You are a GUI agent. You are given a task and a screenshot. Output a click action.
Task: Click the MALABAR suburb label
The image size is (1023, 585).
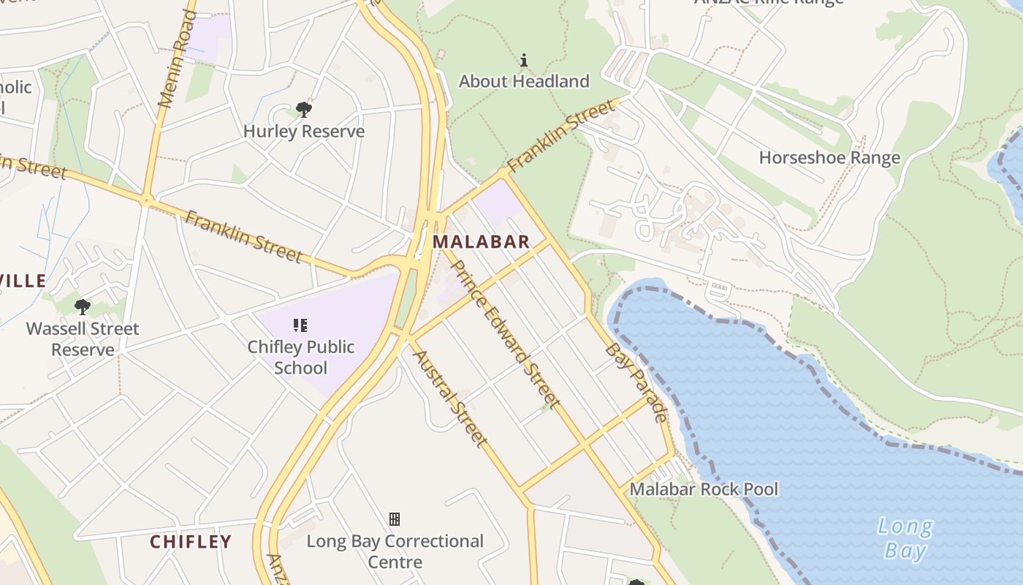[481, 242]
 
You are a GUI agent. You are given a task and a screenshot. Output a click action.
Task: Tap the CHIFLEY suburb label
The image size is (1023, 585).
[191, 542]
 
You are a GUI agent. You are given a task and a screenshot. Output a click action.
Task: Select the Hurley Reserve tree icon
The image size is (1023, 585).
[304, 110]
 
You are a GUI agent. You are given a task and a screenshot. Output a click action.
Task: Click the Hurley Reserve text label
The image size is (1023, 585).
[304, 132]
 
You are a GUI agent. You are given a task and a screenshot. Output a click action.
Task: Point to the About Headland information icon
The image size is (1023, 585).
[524, 60]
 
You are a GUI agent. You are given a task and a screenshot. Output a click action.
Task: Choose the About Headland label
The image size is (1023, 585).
[524, 81]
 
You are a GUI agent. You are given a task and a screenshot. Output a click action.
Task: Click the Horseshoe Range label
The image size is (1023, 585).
[829, 158]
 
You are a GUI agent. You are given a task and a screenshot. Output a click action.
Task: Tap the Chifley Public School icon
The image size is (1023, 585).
[300, 325]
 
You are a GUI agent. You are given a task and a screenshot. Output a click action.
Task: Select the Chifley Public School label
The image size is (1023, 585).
[301, 357]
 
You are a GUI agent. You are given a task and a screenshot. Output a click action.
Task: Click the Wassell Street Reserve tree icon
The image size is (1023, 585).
[83, 307]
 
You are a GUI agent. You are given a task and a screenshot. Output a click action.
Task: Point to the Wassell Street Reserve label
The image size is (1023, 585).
[83, 339]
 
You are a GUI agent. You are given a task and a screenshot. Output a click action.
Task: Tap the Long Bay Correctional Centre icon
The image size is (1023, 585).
[395, 519]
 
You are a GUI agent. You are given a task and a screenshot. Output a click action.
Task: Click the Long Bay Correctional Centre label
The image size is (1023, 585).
[395, 551]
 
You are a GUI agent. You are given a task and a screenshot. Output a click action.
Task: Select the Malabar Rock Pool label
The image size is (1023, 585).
[704, 489]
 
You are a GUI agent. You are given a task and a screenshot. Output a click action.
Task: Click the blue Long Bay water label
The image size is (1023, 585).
[905, 538]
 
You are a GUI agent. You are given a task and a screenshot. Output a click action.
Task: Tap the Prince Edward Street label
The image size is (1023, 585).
[505, 334]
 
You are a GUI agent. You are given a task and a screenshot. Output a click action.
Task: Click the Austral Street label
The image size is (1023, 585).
[449, 398]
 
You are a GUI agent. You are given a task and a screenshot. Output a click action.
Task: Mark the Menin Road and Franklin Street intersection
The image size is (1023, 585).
[147, 200]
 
